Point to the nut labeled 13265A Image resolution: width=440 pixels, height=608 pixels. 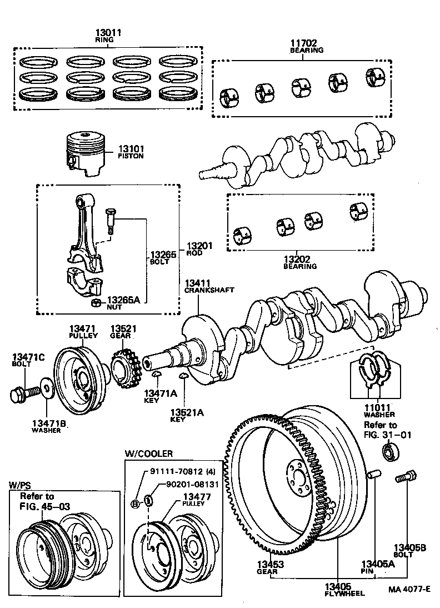point(96,302)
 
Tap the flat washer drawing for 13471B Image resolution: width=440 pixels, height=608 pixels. point(47,387)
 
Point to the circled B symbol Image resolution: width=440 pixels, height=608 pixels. point(135,504)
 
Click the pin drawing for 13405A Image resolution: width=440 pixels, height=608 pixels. point(374,475)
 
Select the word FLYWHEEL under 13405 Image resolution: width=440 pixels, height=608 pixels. point(344,594)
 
